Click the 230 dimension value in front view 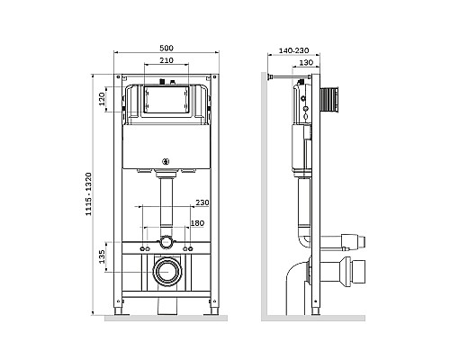click(x=202, y=202)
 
